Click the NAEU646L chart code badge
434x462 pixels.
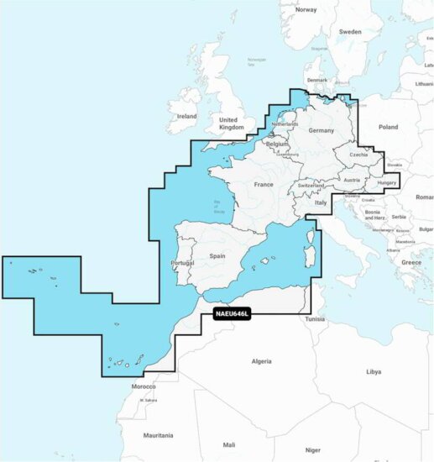point(233,314)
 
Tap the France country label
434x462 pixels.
point(264,184)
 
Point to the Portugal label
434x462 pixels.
point(182,262)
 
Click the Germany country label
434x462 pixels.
point(321,131)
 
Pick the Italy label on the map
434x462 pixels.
point(321,202)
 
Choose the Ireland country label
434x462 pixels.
point(186,116)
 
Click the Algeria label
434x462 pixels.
point(262,361)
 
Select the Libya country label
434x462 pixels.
point(373,370)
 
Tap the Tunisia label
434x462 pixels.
point(315,319)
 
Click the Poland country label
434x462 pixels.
point(388,127)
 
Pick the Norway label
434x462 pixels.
point(306,10)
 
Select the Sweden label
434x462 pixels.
point(349,31)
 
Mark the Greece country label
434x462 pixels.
point(411,262)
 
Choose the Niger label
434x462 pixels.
point(312,449)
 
